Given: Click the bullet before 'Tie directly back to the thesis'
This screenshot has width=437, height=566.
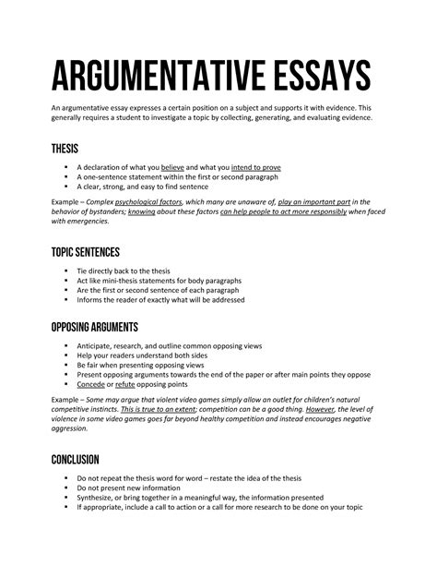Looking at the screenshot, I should click(66, 271).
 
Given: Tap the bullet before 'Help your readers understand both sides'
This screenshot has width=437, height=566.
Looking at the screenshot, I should click(66, 356).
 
